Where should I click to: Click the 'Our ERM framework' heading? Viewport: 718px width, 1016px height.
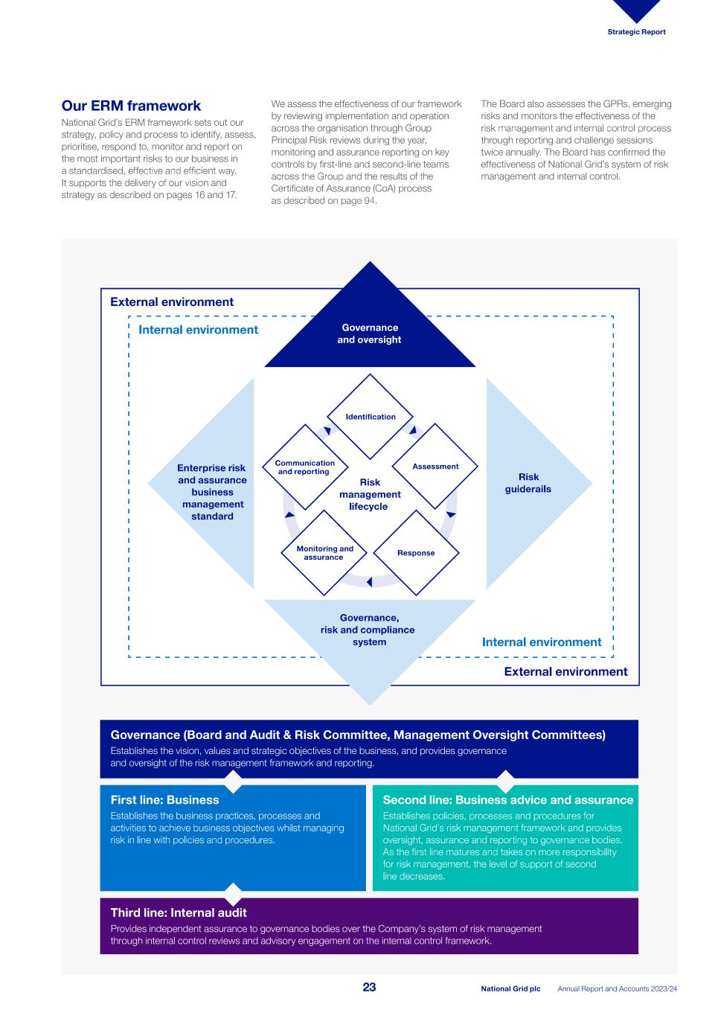(x=131, y=106)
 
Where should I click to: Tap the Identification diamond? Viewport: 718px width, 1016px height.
(x=370, y=417)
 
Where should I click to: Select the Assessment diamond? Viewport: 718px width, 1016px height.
(x=435, y=467)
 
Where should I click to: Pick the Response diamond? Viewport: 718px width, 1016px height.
(x=416, y=553)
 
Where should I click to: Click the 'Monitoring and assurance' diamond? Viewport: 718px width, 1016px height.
(x=324, y=553)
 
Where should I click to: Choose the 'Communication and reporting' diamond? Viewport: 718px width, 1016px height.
(x=305, y=467)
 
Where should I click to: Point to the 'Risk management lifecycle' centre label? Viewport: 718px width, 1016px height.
(x=370, y=494)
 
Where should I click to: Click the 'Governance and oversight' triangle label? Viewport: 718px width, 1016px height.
(x=370, y=333)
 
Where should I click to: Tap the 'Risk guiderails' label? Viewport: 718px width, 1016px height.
(x=528, y=483)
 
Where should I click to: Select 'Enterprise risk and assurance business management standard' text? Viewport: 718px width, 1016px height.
(x=212, y=492)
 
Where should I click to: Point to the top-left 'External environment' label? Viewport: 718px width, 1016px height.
(x=172, y=302)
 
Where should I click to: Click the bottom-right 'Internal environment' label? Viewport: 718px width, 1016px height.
(x=542, y=642)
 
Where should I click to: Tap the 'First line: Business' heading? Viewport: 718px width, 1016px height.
(x=164, y=800)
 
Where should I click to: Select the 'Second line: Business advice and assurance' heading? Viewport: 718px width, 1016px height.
(x=507, y=800)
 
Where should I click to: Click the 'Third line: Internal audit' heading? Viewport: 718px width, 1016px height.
(x=179, y=913)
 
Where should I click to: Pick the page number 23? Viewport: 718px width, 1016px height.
(x=370, y=988)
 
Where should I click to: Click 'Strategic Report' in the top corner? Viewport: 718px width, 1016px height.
(x=636, y=32)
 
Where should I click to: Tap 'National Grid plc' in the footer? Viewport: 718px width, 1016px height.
(x=510, y=989)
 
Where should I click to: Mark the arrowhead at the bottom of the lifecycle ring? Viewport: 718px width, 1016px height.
(x=369, y=582)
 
